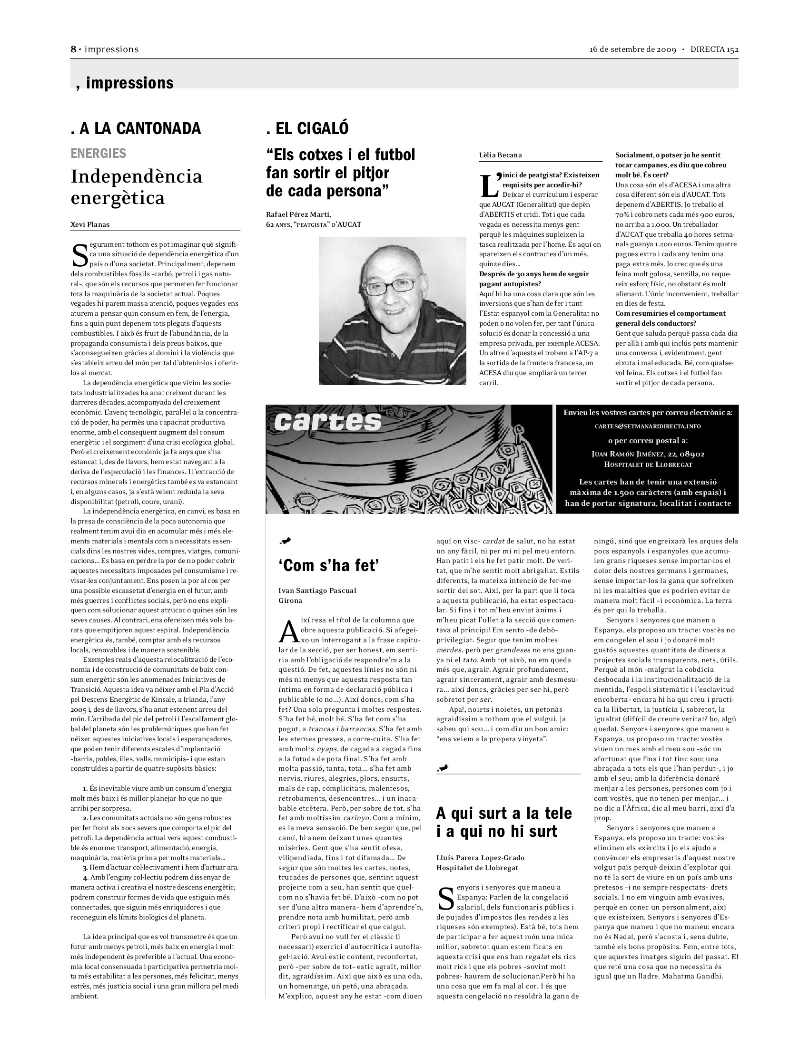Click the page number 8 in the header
pyautogui.click(x=73, y=49)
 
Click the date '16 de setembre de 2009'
pyautogui.click(x=632, y=49)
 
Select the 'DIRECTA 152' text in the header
pyautogui.click(x=714, y=49)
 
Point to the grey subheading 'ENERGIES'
pyautogui.click(x=98, y=153)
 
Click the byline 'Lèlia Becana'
pyautogui.click(x=500, y=155)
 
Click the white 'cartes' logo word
pyautogui.click(x=328, y=421)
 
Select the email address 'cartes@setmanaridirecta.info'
pyautogui.click(x=648, y=426)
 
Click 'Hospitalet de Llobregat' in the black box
pyautogui.click(x=648, y=465)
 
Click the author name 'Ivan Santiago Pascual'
pyautogui.click(x=317, y=591)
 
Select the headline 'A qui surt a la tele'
pyautogui.click(x=503, y=813)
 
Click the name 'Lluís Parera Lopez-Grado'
pyautogui.click(x=480, y=858)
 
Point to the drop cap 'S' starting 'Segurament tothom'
pyautogui.click(x=79, y=256)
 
